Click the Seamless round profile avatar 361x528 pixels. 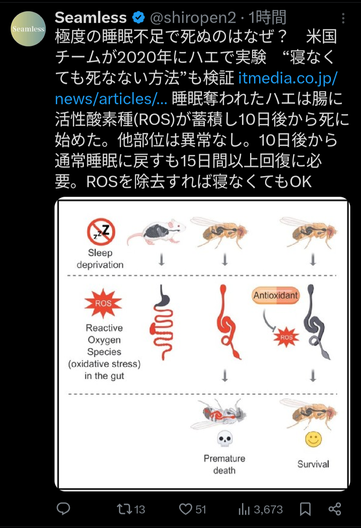click(28, 29)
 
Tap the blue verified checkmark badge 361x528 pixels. click(139, 17)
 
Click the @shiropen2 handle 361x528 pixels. click(193, 17)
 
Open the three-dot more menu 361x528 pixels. click(343, 18)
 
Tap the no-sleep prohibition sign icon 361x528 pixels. click(101, 232)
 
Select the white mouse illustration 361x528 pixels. click(156, 232)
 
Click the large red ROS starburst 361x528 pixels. click(103, 303)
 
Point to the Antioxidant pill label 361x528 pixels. click(276, 295)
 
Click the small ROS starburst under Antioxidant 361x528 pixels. click(286, 337)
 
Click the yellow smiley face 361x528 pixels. click(313, 439)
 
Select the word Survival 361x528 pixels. click(313, 464)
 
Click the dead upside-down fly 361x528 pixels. click(218, 414)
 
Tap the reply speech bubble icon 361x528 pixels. click(64, 509)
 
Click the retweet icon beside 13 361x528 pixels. click(124, 509)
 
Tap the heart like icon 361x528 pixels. click(186, 509)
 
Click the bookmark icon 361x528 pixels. click(305, 509)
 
